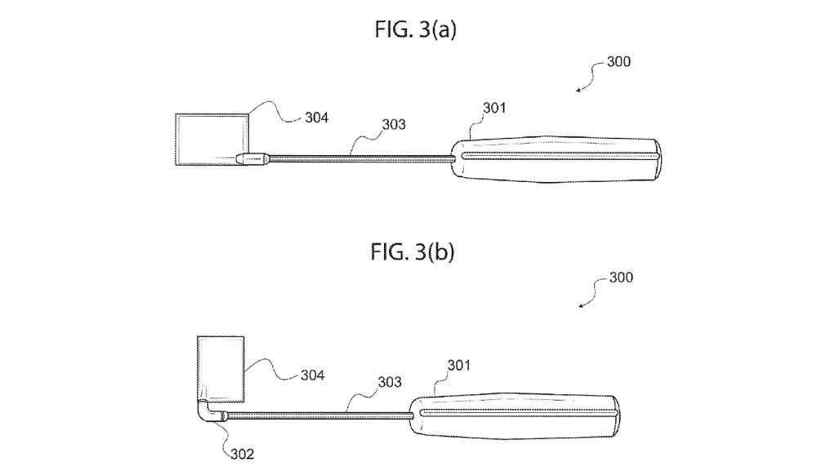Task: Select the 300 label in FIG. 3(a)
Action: click(618, 61)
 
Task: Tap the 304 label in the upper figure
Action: click(315, 118)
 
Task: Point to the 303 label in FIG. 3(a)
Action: click(393, 124)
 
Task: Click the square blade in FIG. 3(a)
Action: click(211, 139)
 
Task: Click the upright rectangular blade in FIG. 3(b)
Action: click(221, 367)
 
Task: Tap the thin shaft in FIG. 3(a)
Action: click(359, 158)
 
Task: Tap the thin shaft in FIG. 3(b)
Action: click(319, 416)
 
